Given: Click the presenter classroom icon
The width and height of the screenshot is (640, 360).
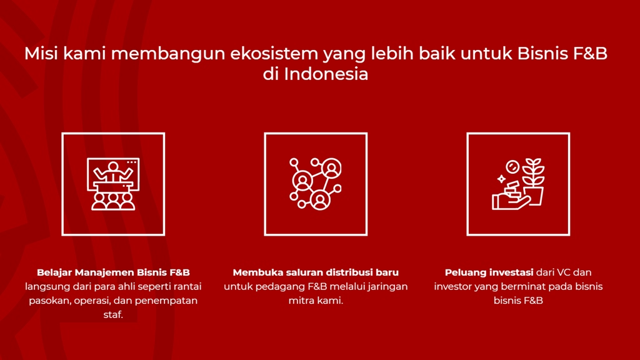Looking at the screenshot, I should pos(113,184).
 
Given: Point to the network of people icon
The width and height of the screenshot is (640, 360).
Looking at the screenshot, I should pos(316,184).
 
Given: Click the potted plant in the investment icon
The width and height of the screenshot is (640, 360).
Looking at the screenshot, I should pos(533,181).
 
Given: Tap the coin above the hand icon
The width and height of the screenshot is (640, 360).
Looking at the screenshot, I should pos(512,166).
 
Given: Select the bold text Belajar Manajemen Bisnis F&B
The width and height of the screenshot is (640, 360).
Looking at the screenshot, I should pos(113,272).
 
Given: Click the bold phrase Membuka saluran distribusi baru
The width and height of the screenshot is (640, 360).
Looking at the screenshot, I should pos(316,272).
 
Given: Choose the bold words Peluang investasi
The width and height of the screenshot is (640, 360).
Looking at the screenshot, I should pos(489,272).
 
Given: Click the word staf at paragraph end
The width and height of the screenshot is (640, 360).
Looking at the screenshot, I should pos(113,315).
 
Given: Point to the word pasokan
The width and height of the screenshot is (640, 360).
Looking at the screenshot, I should pos(49,301).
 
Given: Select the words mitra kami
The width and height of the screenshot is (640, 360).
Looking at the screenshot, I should pos(316,301).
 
